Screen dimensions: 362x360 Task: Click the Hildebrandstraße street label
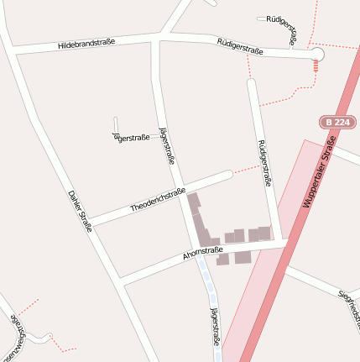coord(86,44)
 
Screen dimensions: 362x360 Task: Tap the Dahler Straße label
coord(79,209)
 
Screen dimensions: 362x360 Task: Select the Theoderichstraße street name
coord(158,200)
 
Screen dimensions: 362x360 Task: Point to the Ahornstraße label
coord(202,253)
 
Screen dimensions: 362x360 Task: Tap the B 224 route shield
coord(337,122)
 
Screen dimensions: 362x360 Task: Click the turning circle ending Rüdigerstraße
coord(316,55)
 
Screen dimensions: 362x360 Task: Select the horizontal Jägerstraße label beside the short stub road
coord(132,137)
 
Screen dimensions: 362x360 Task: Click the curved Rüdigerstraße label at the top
coord(282,28)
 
